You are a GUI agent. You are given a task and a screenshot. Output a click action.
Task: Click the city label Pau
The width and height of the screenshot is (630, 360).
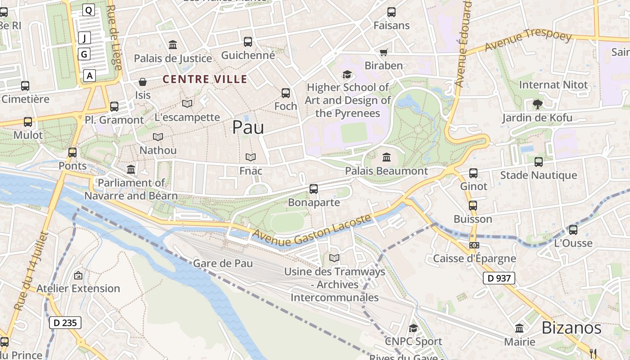(248, 128)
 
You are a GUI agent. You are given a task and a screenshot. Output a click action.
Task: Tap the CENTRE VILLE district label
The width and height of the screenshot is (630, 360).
(205, 80)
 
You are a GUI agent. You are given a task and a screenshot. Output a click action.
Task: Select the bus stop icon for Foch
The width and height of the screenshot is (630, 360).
(286, 93)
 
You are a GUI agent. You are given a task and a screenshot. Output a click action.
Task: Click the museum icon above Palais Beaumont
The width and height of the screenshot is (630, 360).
(386, 157)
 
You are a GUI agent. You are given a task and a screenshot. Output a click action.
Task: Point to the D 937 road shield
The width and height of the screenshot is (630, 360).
(499, 278)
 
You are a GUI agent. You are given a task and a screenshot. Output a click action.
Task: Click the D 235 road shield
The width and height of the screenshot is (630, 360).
(65, 323)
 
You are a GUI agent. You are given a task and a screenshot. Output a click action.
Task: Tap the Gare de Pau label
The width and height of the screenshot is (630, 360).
(223, 263)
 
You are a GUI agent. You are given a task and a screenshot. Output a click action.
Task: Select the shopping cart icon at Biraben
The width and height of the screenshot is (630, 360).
(383, 53)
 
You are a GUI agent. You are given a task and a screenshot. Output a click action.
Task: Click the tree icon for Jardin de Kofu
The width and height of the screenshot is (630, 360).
(537, 104)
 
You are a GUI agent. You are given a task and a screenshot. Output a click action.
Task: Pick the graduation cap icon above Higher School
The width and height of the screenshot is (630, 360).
(347, 74)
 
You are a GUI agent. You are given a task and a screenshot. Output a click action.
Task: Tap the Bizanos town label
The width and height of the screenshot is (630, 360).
(571, 328)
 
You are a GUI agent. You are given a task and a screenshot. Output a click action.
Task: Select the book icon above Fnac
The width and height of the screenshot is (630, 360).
(251, 157)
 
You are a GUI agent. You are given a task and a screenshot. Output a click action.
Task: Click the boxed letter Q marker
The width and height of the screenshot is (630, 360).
(89, 10)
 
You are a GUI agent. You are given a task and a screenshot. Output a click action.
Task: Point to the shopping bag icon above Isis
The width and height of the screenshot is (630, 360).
(143, 82)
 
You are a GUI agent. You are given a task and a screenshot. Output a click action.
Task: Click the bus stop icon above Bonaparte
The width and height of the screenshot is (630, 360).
(314, 189)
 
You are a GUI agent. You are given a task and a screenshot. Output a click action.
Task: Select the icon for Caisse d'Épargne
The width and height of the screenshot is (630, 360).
(474, 245)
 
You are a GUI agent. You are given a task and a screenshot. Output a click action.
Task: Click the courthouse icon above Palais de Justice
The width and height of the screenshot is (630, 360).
(173, 45)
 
